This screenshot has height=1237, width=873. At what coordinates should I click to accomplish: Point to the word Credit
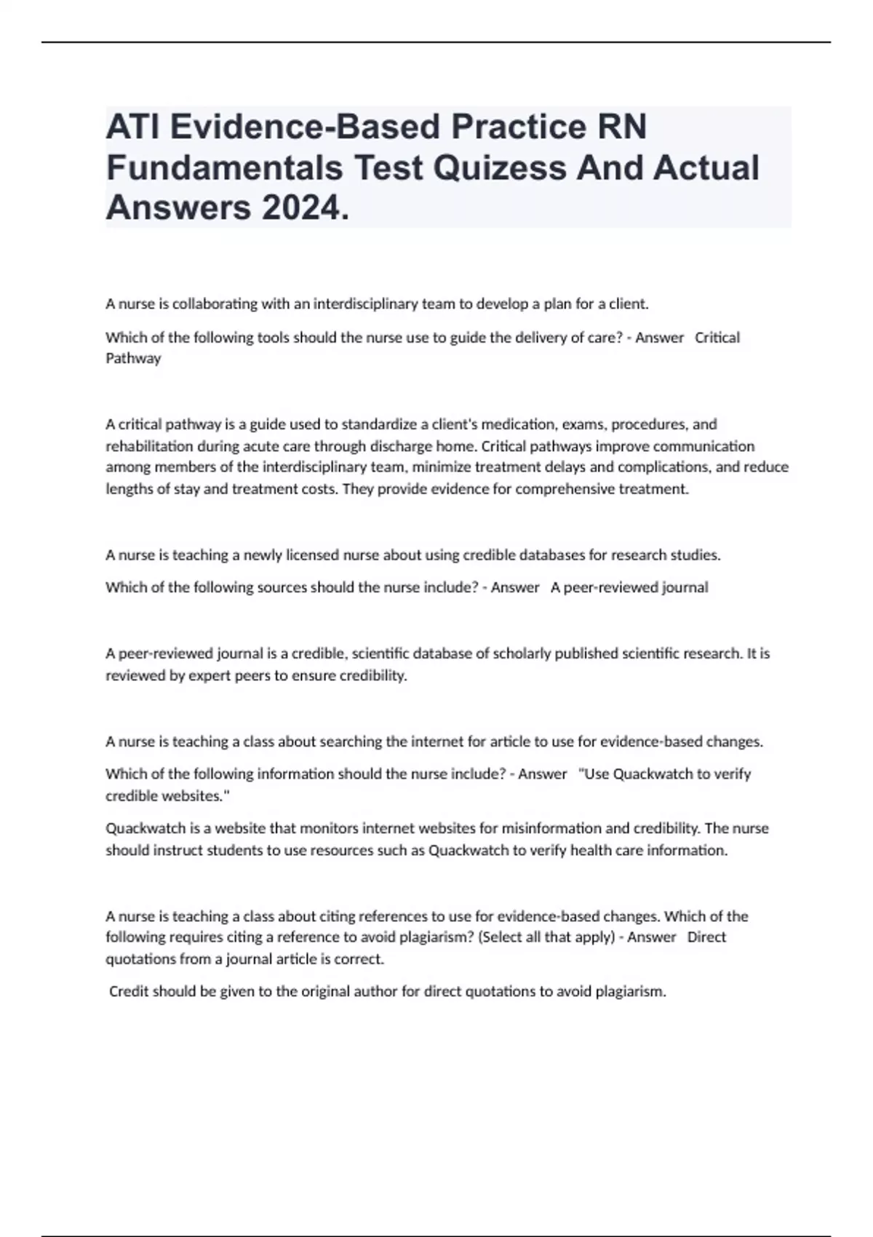[128, 991]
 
